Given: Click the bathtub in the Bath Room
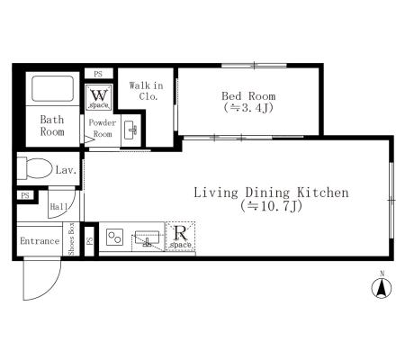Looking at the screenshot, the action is (52, 88).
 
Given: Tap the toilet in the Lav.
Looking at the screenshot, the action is (34, 168).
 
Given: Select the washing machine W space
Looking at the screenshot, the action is (99, 97).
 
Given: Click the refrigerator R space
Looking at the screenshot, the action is (180, 236).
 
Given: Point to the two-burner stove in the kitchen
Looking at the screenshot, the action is (115, 237).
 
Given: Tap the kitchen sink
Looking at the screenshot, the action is (147, 238).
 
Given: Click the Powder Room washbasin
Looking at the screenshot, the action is (130, 130).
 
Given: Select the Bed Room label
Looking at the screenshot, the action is (248, 96).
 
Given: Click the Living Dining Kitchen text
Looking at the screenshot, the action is (271, 193).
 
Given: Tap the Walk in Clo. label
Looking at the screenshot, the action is (147, 91).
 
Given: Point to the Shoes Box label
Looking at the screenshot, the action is (71, 239).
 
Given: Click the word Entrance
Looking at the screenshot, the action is (40, 241).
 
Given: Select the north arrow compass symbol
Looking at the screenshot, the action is (382, 288).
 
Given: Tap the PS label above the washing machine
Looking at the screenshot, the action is (98, 74).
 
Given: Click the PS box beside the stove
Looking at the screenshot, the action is (90, 241).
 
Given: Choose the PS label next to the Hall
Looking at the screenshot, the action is (25, 195).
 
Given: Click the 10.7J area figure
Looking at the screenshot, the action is (271, 206).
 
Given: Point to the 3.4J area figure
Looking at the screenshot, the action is (248, 108).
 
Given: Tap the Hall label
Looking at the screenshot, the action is (58, 207).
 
